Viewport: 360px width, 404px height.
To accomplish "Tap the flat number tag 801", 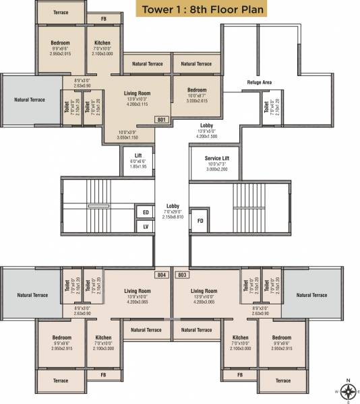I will [x=162, y=119].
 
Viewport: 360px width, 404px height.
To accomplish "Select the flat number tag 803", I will [x=181, y=275].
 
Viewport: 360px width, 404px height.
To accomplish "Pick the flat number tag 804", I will [x=161, y=275].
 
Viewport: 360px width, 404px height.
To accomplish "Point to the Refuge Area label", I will [x=258, y=82].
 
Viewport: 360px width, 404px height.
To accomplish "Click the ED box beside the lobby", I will [x=145, y=212].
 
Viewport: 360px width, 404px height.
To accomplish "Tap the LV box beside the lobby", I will [x=145, y=227].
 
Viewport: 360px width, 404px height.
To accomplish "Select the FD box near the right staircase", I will [x=200, y=220].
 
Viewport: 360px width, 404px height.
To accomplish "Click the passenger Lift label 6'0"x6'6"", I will [x=138, y=155].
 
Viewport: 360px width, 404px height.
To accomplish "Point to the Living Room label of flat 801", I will [x=137, y=94].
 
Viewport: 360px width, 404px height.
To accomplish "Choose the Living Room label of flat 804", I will [x=138, y=292].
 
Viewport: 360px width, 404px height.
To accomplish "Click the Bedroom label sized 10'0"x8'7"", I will [x=197, y=90].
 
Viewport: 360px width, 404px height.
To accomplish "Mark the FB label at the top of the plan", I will [x=104, y=19].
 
